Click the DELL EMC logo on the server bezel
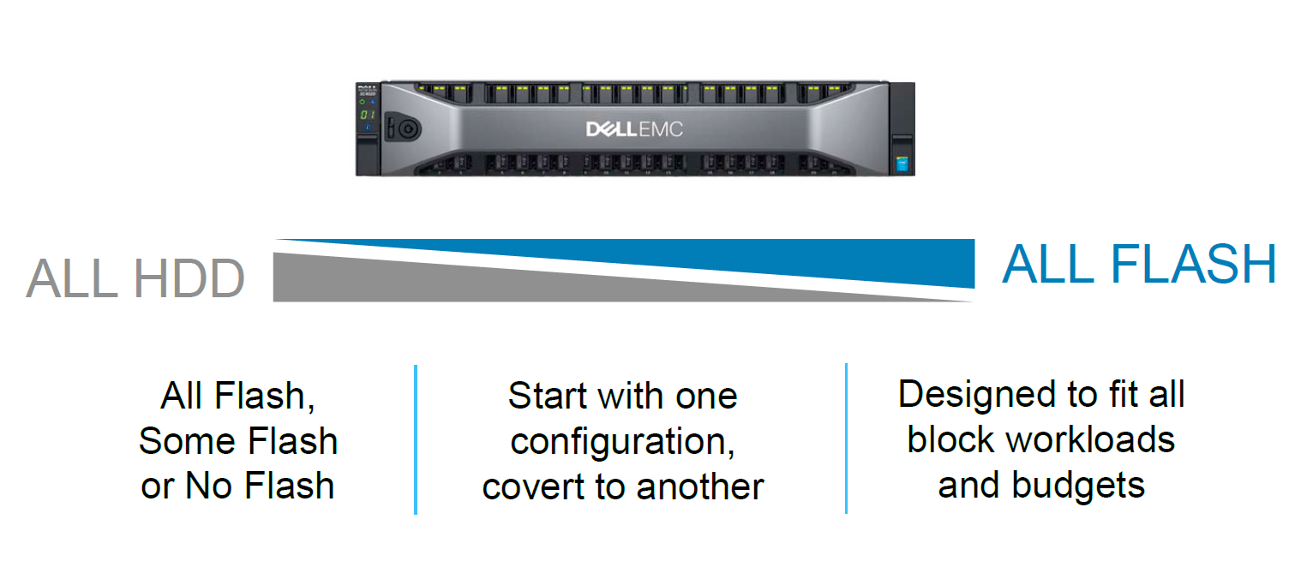coord(634,129)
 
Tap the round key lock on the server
coord(404,128)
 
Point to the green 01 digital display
coord(366,114)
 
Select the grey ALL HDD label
coord(135,279)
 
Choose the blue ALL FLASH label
coord(1139,265)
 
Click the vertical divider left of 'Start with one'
coord(416,439)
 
